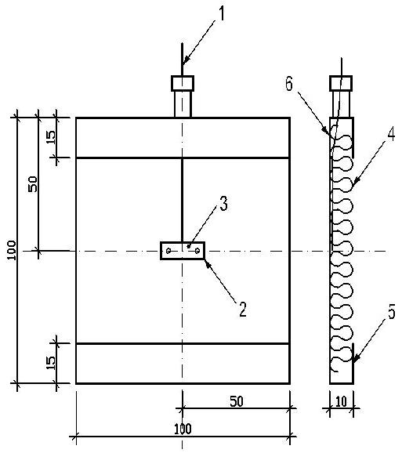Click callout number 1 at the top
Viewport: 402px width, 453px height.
coord(221,13)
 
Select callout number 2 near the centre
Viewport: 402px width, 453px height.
coord(242,309)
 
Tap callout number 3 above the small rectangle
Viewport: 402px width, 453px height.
coord(223,204)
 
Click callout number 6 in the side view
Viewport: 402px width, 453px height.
coord(289,84)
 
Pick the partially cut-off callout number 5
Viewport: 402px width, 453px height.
coord(392,311)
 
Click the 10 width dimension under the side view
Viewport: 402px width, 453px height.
coord(342,401)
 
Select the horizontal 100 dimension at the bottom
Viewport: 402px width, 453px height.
coord(183,429)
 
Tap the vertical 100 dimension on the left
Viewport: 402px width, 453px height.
coord(11,250)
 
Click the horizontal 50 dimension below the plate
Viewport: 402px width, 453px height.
coord(237,401)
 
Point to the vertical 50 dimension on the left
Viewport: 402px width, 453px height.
coord(33,184)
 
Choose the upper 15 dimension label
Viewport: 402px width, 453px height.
coord(50,137)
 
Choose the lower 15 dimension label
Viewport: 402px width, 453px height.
coord(50,363)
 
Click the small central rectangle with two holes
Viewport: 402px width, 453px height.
coord(183,251)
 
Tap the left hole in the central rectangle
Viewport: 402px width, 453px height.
coord(168,251)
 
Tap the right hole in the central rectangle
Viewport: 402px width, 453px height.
coord(197,251)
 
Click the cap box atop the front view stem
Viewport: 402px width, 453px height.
coord(183,84)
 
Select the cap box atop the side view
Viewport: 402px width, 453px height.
coord(341,84)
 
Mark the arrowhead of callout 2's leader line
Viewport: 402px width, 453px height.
coord(208,264)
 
